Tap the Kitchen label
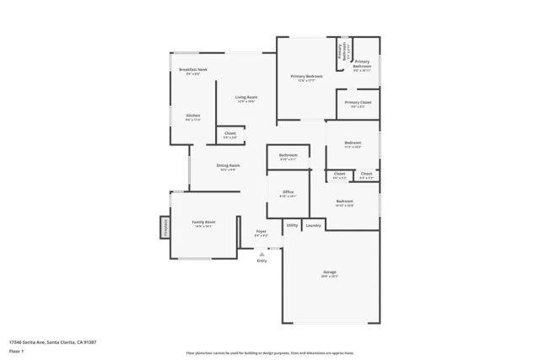192,115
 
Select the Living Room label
246,97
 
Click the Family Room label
203,222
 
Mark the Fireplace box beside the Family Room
165,228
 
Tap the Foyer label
262,232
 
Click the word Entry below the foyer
262,261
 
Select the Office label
287,192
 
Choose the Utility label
292,225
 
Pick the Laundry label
313,225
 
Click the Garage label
329,272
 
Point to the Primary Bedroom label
307,77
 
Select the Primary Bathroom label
362,62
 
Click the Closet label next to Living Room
229,132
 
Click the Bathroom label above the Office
289,155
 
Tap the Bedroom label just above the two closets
353,142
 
